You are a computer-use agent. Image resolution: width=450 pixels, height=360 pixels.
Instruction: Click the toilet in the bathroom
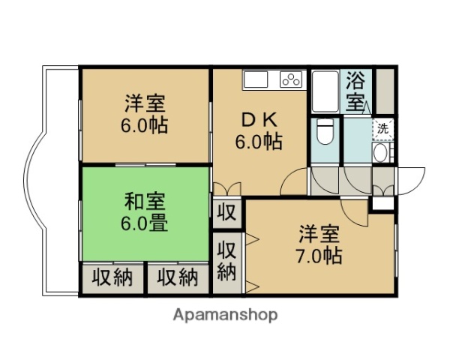tap(325, 133)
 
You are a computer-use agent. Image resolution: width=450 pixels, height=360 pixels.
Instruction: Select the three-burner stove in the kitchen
tap(291, 78)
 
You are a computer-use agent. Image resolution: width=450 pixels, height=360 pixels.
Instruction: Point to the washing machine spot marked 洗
tap(383, 128)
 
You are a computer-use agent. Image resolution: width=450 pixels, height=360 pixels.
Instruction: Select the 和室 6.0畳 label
tap(145, 211)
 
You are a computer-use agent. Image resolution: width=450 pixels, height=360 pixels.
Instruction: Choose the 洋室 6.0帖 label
tap(145, 113)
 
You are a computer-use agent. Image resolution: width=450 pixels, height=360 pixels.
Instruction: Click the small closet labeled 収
tap(226, 211)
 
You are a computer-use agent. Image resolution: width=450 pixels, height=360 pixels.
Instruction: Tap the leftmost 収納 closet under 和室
tap(112, 277)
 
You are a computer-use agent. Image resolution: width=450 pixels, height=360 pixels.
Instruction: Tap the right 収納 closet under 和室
tap(178, 277)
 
